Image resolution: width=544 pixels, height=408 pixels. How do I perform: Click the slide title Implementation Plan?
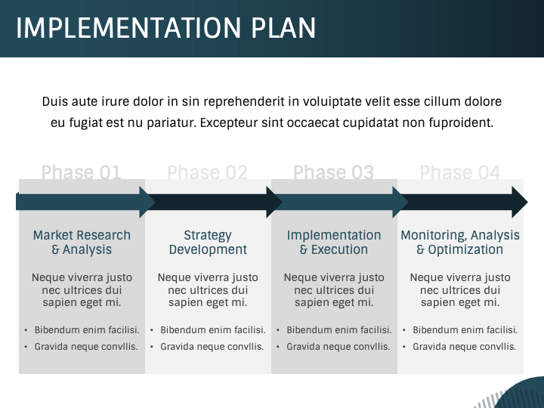[166, 28]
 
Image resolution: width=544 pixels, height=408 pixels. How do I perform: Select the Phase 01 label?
[81, 172]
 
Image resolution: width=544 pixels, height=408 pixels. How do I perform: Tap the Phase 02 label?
[207, 172]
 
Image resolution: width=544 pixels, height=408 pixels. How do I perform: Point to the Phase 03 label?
[333, 172]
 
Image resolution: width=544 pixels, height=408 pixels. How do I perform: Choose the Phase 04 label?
[460, 172]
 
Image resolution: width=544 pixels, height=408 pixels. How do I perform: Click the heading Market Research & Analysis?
[82, 243]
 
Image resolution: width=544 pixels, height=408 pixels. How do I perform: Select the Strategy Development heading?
[208, 243]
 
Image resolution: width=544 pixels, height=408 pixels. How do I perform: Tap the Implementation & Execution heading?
[334, 243]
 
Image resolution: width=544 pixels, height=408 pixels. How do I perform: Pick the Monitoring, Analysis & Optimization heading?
[460, 243]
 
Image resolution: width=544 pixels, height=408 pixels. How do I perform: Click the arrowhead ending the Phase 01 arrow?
[147, 202]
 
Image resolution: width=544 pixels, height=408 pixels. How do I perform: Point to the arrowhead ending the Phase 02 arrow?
[274, 202]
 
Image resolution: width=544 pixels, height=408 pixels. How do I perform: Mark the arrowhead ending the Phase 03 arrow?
[400, 202]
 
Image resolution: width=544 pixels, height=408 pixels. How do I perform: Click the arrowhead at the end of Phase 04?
[519, 202]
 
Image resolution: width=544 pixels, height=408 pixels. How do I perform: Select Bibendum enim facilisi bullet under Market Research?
[87, 330]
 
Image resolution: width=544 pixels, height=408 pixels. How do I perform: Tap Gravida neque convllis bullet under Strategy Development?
[212, 347]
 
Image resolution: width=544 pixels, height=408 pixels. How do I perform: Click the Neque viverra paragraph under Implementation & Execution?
[334, 290]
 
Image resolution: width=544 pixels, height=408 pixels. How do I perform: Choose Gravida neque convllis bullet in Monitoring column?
[465, 347]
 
